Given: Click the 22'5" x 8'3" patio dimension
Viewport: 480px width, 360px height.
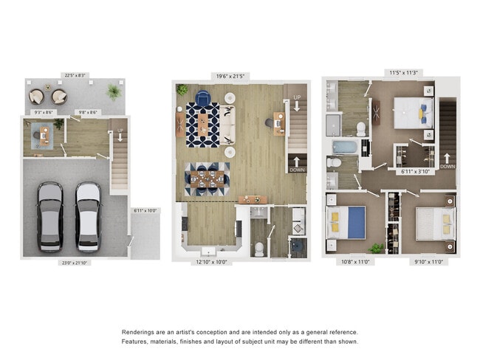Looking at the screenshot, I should coord(75,74).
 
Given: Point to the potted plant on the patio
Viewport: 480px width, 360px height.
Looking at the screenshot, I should coord(113,92).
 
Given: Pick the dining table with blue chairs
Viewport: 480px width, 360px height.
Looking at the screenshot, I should coord(207,179).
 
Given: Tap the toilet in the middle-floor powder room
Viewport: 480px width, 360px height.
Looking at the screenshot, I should coord(260,249).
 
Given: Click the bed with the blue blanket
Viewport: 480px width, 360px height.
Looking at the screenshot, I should coord(346,222).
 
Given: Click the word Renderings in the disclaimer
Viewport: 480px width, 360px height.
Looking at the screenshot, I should coord(140,333).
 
